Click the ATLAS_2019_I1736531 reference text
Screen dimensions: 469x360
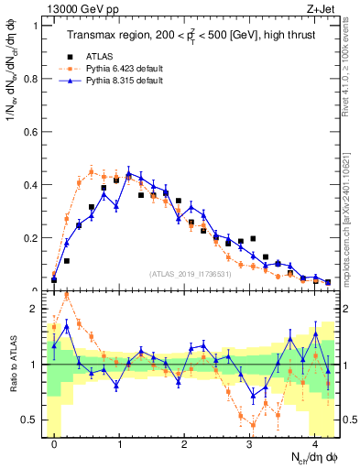pyautogui.click(x=189, y=274)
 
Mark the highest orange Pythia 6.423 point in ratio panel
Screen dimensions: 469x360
pyautogui.click(x=67, y=296)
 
